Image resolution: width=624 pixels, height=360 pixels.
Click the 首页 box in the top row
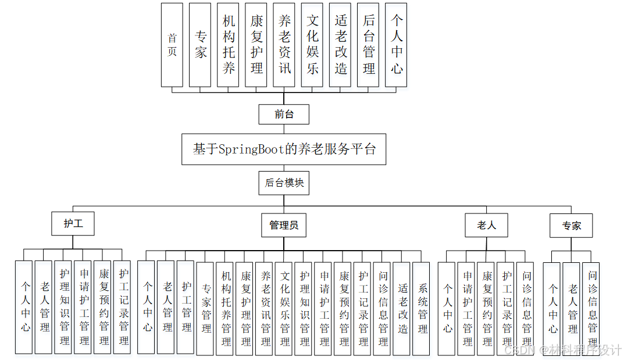(x=172, y=45)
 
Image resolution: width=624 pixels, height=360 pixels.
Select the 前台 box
(x=284, y=115)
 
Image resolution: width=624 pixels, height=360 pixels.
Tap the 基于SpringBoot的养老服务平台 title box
(x=284, y=149)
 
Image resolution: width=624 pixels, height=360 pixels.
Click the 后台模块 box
(x=284, y=183)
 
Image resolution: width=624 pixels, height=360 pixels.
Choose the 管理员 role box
(x=284, y=225)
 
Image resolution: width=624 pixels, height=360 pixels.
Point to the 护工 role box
(x=73, y=224)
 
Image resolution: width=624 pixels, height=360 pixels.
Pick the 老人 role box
(x=486, y=225)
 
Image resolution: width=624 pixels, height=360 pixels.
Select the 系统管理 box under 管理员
(x=422, y=308)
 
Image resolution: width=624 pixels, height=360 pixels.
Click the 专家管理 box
(x=206, y=308)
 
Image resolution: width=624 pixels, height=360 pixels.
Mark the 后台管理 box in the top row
(x=369, y=45)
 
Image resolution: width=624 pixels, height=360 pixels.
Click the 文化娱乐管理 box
(x=285, y=308)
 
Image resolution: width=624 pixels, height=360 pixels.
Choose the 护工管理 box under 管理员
(x=186, y=306)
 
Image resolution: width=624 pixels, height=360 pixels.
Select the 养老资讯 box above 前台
(x=284, y=45)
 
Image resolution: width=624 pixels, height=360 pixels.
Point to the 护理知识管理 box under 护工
(x=65, y=306)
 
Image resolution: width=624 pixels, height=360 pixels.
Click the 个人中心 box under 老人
(x=447, y=308)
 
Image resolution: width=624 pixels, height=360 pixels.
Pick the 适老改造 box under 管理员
(x=402, y=308)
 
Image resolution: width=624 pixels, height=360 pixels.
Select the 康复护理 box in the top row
(x=256, y=45)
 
